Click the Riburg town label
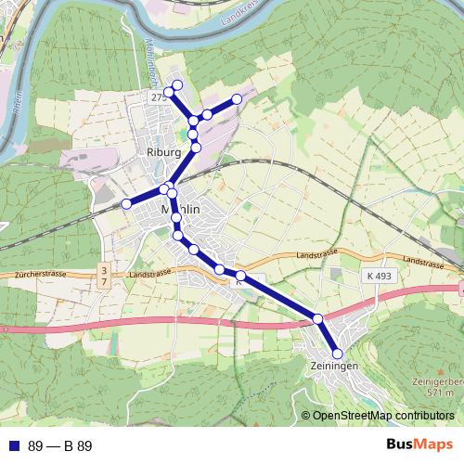pyautogui.click(x=162, y=152)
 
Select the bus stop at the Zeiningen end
pyautogui.click(x=337, y=354)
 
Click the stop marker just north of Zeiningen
pyautogui.click(x=317, y=318)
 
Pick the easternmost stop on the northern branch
pyautogui.click(x=237, y=98)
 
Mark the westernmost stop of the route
pyautogui.click(x=126, y=203)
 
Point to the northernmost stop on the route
pyautogui.click(x=176, y=84)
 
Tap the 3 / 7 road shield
pyautogui.click(x=103, y=275)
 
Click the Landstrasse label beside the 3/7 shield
pyautogui.click(x=151, y=275)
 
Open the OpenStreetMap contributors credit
pyautogui.click(x=382, y=416)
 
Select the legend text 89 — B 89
pyautogui.click(x=60, y=445)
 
